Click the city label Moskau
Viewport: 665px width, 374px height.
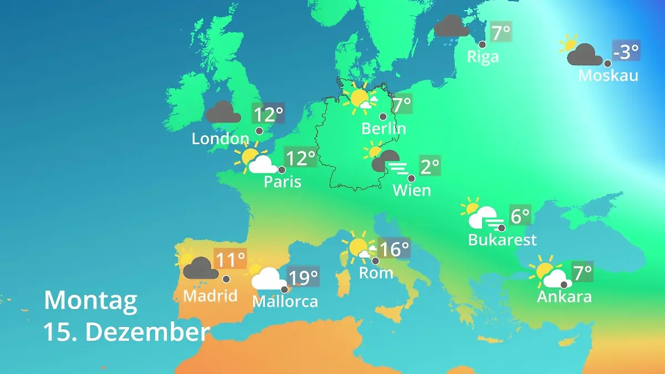coord(608,75)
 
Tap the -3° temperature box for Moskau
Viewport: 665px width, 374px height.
coord(626,52)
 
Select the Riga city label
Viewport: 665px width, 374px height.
coord(483,57)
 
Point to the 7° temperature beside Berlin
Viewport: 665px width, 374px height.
coord(402,104)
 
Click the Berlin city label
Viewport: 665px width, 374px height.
coord(383,129)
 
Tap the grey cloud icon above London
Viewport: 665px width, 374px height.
coord(223,112)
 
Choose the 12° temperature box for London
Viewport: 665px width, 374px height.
coord(268,115)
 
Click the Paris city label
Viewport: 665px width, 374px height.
coord(283,181)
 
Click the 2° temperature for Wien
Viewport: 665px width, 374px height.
coord(429,166)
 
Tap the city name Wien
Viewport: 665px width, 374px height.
coord(412,190)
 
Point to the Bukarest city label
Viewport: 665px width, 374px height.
coord(503,239)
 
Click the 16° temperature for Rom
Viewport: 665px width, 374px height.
coord(394,249)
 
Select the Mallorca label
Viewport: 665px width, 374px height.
coord(285,301)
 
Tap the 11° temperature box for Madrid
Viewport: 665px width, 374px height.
coord(230,259)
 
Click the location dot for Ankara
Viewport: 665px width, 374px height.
coord(564,284)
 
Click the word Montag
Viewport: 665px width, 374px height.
coord(90,300)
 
